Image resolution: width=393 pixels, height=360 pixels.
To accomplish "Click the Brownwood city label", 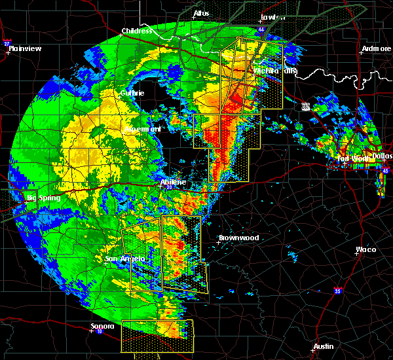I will [238, 238].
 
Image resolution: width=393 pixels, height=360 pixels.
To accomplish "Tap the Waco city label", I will [365, 249].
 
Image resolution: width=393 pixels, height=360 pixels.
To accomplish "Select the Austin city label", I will [323, 346].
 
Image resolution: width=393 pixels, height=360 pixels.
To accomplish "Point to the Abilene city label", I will [173, 182].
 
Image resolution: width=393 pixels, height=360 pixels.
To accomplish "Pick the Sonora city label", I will [102, 326].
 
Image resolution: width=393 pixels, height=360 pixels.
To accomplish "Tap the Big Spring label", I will [43, 198].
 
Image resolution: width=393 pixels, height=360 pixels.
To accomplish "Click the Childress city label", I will [137, 31].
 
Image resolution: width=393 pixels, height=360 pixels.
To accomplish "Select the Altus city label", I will [200, 13].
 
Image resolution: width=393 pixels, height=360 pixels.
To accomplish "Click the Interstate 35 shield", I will [337, 291].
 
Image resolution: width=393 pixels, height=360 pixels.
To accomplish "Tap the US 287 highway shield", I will [306, 105].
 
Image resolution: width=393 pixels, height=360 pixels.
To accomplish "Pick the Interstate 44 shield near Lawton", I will [261, 29].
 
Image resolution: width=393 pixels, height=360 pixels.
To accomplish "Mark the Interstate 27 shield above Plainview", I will [7, 43].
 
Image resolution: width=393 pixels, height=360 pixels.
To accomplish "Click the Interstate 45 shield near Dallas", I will [385, 171].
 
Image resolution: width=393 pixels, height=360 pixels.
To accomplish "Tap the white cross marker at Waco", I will [356, 254].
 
